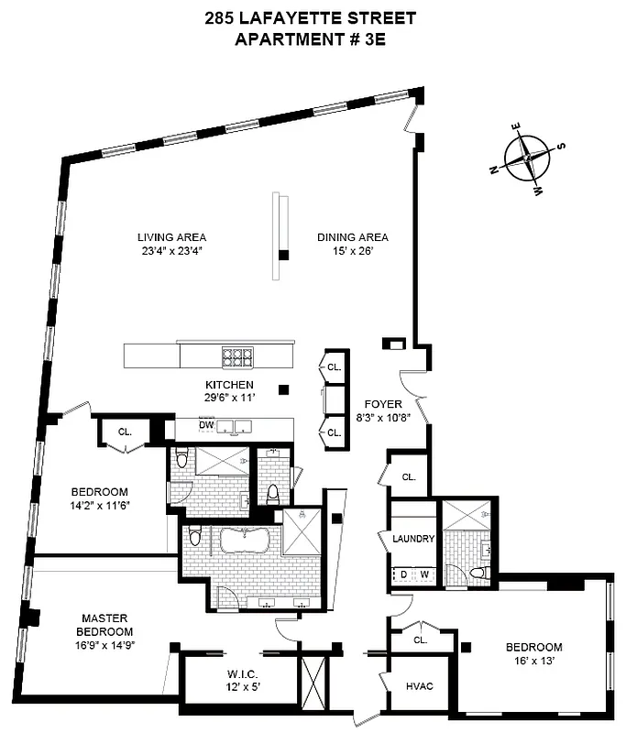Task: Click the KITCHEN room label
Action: tap(228, 384)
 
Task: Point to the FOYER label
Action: tap(380, 403)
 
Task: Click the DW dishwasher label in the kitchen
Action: tap(207, 424)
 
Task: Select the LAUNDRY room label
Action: tap(412, 539)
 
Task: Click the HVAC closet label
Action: tap(419, 685)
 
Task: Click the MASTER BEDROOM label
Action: tap(105, 625)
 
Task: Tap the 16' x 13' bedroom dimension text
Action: tap(533, 661)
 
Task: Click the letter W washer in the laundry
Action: tap(424, 574)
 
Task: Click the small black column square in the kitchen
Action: tap(285, 388)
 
